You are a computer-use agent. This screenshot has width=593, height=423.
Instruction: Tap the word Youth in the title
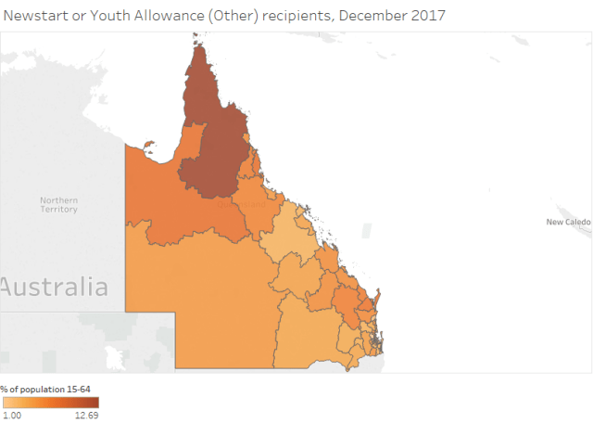(106, 16)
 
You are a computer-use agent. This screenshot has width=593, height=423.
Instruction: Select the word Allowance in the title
(168, 16)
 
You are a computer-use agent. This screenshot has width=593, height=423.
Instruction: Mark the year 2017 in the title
(432, 16)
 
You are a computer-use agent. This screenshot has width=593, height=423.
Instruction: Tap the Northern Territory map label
(58, 205)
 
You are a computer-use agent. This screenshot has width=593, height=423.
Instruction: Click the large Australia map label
(54, 287)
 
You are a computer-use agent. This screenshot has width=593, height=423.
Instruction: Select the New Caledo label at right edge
(567, 223)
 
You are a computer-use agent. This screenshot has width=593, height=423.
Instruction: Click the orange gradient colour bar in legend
(50, 403)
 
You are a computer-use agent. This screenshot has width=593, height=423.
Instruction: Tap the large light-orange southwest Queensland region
(204, 297)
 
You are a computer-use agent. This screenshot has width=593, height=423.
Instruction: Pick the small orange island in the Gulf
(150, 144)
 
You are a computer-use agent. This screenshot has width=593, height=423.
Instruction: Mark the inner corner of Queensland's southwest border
(175, 313)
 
